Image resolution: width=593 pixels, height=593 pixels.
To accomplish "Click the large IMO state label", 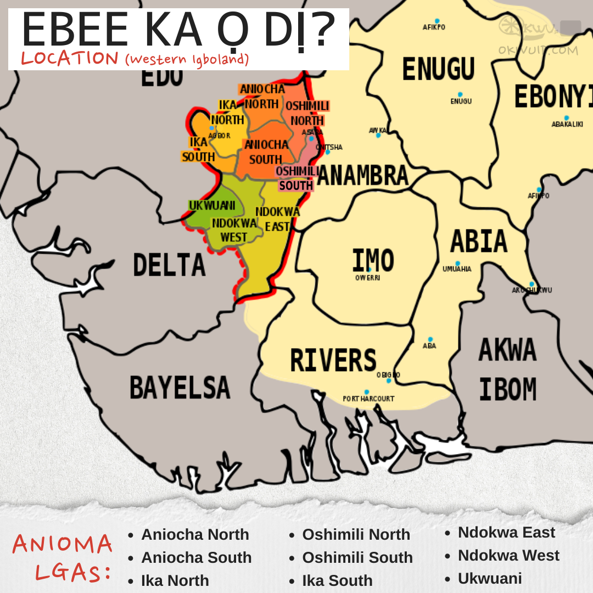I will [373, 260].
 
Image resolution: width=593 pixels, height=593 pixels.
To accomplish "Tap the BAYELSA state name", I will [180, 387].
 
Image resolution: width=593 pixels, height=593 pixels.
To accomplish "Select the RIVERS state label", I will [333, 361].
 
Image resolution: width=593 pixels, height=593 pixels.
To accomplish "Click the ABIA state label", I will [478, 241].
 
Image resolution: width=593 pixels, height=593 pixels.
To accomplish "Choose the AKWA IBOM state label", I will [507, 370].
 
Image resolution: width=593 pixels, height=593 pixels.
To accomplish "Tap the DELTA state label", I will [169, 265].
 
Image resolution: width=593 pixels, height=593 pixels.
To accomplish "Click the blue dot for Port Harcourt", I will [367, 392].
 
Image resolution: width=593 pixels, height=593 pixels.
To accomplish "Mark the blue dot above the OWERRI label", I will [369, 270].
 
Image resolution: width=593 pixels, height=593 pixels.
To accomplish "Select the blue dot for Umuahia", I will [457, 263].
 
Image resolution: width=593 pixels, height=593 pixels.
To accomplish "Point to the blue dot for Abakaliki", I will [566, 118].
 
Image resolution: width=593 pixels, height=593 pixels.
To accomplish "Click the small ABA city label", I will [429, 345].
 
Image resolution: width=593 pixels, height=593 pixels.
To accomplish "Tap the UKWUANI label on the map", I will [212, 205].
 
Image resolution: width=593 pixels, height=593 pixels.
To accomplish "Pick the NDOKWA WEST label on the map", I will [234, 230].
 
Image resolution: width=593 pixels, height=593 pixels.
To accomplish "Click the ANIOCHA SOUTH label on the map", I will [266, 152].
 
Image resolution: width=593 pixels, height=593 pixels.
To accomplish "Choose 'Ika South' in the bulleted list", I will [337, 580].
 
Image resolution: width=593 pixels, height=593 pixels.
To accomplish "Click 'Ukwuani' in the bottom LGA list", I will [490, 578].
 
